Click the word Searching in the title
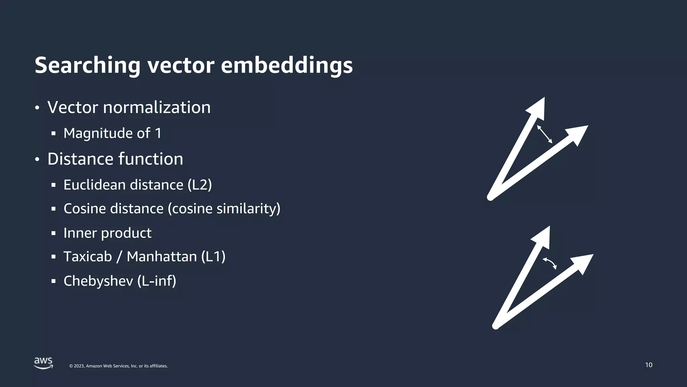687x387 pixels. click(x=87, y=66)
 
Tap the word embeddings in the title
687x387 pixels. click(x=286, y=66)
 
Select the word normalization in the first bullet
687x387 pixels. click(x=157, y=107)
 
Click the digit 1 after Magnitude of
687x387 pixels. click(x=158, y=133)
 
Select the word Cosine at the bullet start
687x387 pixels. click(x=85, y=209)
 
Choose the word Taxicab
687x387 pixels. click(x=88, y=257)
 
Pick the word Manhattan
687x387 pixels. click(x=162, y=257)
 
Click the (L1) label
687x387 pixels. click(x=213, y=257)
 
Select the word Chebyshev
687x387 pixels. click(x=98, y=281)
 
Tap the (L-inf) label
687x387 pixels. click(x=157, y=281)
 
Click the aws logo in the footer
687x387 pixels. click(x=44, y=363)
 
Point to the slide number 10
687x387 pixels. click(x=648, y=365)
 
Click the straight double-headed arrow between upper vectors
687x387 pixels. click(x=544, y=134)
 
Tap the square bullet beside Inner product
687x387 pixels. click(x=53, y=233)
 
